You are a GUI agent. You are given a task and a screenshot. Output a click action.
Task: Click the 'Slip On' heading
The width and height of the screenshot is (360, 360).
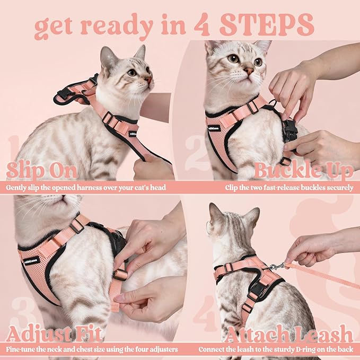pos(42,171)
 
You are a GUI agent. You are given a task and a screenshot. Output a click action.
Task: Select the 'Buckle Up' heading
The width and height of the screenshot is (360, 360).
pos(303,171)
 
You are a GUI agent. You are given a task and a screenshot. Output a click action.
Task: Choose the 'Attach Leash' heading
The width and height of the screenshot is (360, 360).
pos(288,335)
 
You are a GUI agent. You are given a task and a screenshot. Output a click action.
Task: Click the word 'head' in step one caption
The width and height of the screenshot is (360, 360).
pos(157,187)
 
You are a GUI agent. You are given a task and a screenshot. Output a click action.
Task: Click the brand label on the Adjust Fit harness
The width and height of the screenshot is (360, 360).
pos(32,260)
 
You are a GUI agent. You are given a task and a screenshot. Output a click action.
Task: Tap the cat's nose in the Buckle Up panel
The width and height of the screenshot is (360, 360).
pos(249,71)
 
